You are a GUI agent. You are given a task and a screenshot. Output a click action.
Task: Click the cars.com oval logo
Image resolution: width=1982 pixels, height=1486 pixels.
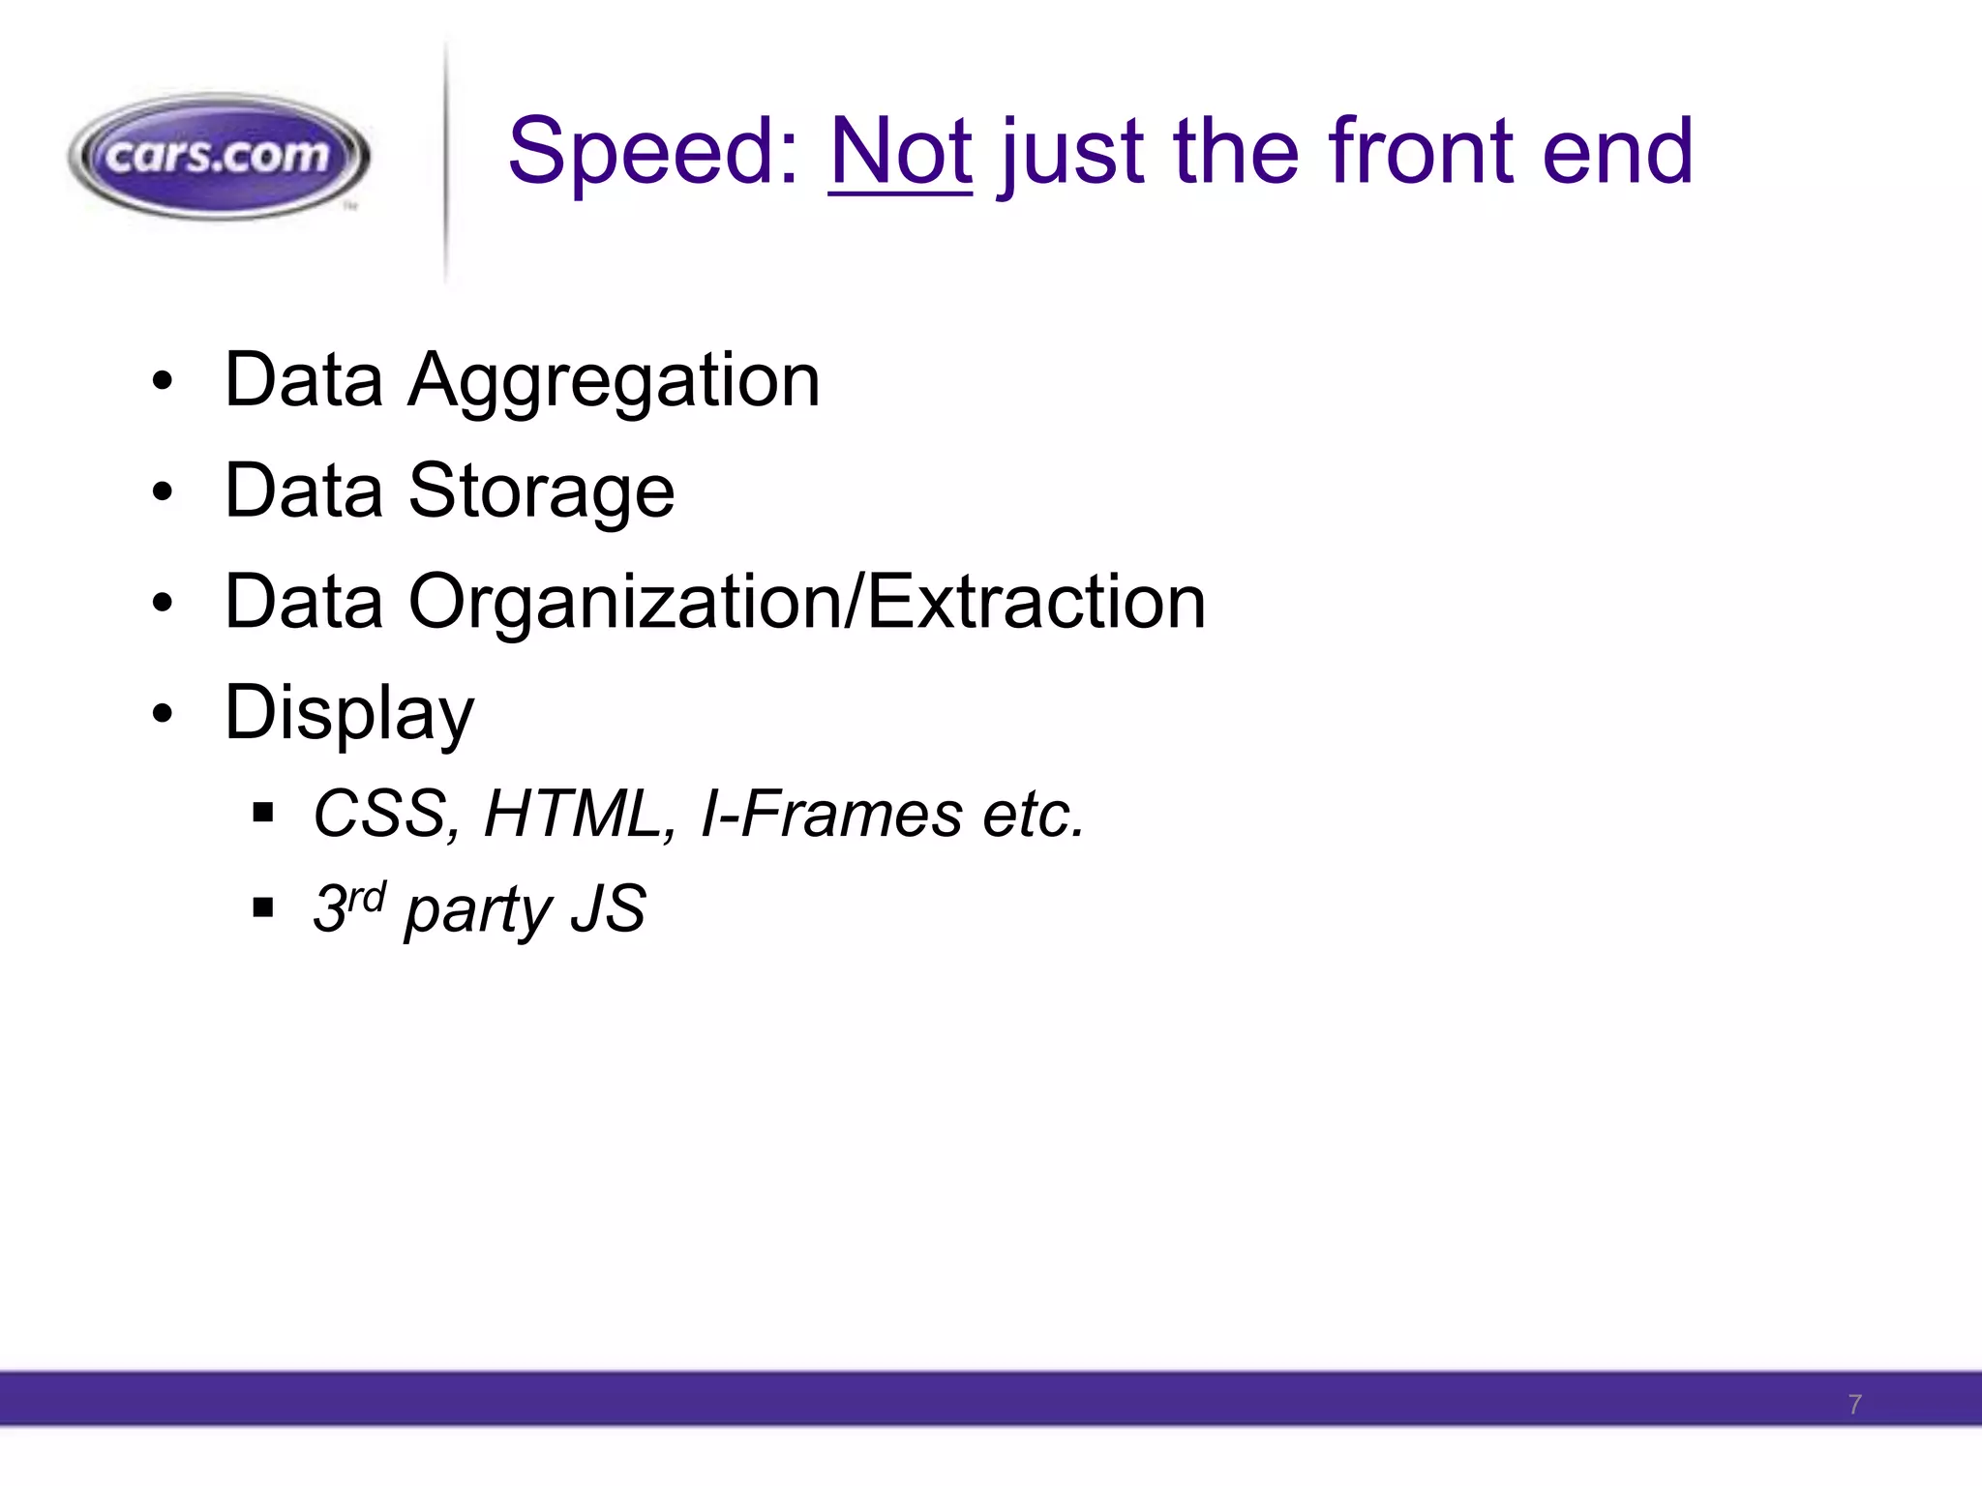tap(219, 157)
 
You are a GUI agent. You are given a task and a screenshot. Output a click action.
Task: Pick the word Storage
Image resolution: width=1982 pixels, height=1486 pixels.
tap(541, 491)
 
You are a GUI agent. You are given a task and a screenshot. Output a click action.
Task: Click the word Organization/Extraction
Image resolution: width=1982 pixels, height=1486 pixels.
tap(807, 602)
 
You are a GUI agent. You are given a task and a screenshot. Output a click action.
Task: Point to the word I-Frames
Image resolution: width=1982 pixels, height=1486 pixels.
tap(830, 814)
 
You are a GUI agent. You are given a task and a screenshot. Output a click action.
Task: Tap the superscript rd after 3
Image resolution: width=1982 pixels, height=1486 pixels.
tap(368, 896)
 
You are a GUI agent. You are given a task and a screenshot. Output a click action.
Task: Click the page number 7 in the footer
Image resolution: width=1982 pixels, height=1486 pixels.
tap(1854, 1405)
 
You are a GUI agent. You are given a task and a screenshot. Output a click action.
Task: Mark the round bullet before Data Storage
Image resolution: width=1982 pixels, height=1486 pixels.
tap(163, 492)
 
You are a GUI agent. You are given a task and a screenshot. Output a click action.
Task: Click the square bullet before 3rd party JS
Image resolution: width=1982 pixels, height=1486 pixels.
tap(262, 907)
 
